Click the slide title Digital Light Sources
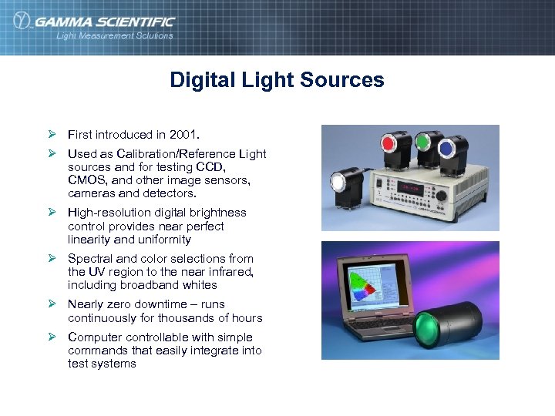click(277, 80)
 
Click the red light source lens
click(388, 143)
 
